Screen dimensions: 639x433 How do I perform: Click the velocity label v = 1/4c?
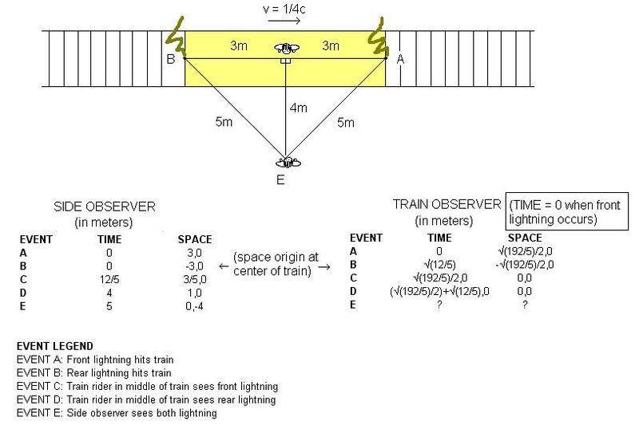[284, 9]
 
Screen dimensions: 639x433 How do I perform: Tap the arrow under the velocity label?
[284, 21]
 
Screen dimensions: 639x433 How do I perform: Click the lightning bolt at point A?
[378, 37]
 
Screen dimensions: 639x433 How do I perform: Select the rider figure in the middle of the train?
[287, 49]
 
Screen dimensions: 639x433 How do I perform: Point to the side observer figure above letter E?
[288, 163]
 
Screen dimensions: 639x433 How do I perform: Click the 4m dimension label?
[298, 108]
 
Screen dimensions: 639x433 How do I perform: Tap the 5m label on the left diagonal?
[224, 121]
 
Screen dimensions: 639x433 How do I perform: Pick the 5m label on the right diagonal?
[346, 122]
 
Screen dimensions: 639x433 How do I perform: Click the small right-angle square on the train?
[286, 61]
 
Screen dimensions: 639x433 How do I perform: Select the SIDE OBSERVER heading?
[105, 207]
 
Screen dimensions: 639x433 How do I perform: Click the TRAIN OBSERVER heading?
[447, 204]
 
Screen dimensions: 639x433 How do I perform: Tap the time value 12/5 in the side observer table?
[109, 280]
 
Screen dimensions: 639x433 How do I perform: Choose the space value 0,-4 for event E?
[194, 306]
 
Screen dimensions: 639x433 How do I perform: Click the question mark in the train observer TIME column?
[439, 305]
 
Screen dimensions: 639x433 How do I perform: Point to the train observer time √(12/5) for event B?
[439, 265]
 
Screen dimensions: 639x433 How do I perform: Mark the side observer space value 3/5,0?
[195, 280]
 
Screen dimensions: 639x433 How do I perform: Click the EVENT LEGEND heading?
[55, 346]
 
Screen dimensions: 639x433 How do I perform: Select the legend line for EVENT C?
[147, 386]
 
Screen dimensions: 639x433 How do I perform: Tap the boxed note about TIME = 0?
[567, 211]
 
